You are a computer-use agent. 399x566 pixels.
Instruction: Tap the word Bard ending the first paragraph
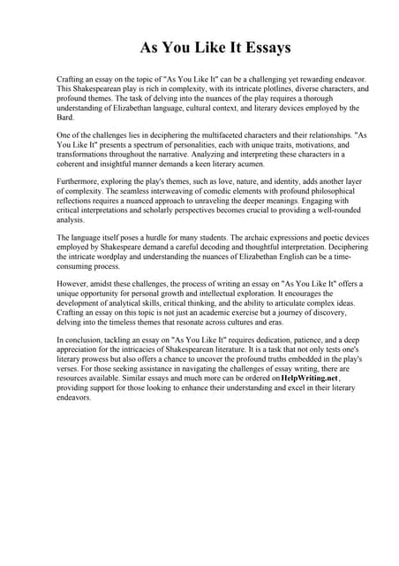[x=65, y=117]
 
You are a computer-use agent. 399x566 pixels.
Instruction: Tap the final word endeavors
[x=74, y=397]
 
